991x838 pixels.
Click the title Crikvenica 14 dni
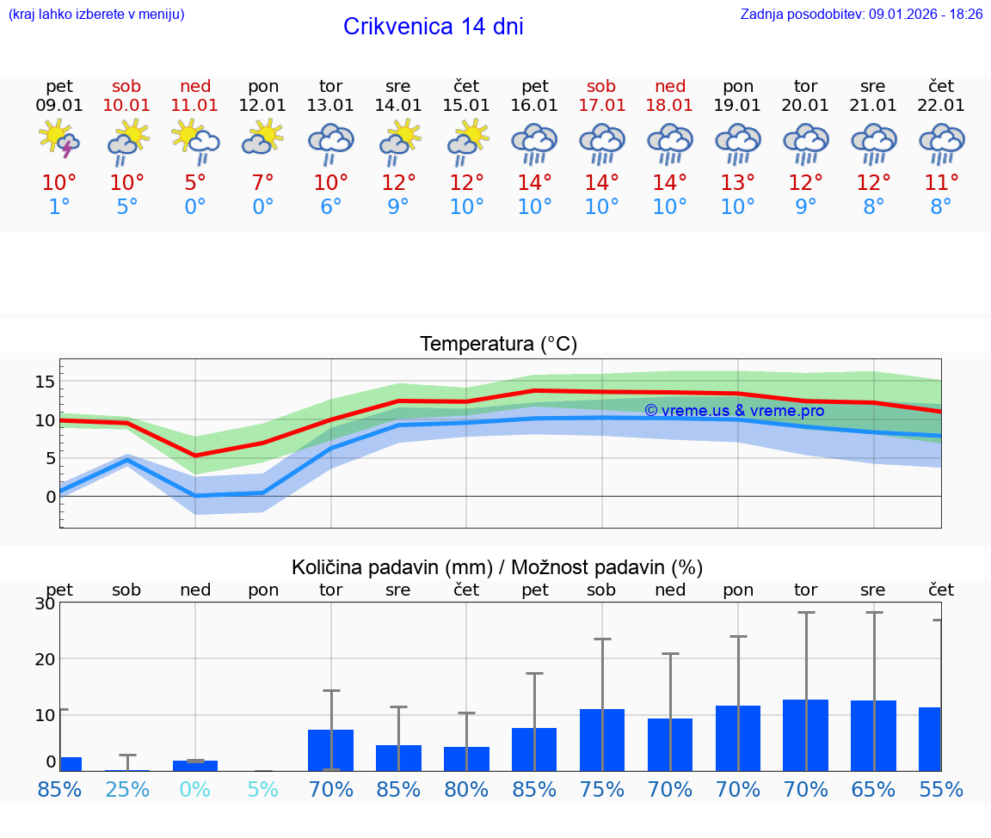click(x=433, y=27)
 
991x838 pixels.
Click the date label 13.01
click(x=330, y=105)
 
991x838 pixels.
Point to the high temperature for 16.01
click(x=534, y=183)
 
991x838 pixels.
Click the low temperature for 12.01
click(x=262, y=207)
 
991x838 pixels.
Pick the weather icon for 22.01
click(x=941, y=143)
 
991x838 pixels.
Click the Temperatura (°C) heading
click(x=498, y=345)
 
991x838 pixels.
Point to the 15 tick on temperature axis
click(x=46, y=382)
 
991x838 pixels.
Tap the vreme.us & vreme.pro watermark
click(x=734, y=411)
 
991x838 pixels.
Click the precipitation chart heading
click(x=497, y=567)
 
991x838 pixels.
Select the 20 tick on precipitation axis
click(x=45, y=659)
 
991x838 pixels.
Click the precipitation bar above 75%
click(x=601, y=740)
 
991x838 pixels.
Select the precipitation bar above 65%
click(x=873, y=736)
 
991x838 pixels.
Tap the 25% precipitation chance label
click(x=127, y=789)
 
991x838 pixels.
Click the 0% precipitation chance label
click(x=195, y=789)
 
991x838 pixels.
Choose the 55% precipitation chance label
click(x=941, y=789)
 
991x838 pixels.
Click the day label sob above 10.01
click(x=126, y=86)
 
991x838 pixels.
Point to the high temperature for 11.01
click(x=195, y=183)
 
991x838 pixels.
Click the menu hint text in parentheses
click(x=96, y=14)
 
